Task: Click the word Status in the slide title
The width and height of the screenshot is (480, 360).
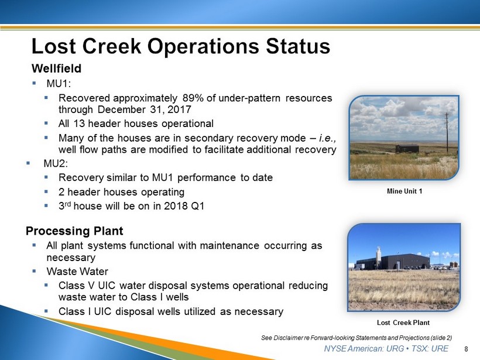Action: (x=298, y=46)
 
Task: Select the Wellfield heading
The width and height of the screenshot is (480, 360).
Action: (x=57, y=68)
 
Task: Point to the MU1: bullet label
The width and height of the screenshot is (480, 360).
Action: (x=59, y=83)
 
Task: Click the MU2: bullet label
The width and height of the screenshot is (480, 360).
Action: (x=56, y=163)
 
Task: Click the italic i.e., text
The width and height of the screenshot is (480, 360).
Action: (x=328, y=138)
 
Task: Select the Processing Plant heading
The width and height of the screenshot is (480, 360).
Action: (x=74, y=231)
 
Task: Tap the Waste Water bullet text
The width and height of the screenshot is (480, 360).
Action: (x=77, y=271)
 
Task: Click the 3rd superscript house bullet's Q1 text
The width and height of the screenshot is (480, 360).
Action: (x=197, y=205)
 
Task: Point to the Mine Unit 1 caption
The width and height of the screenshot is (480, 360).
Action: (x=404, y=191)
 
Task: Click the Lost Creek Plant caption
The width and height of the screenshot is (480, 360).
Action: (x=403, y=323)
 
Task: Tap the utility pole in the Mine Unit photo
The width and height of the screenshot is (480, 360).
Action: (x=447, y=132)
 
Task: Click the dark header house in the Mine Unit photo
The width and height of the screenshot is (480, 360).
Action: (x=407, y=149)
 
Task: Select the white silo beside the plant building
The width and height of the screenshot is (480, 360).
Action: (x=379, y=257)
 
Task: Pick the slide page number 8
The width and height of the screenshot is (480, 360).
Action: (x=466, y=349)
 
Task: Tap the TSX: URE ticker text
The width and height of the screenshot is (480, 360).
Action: (x=430, y=348)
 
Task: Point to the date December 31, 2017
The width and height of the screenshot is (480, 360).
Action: (x=145, y=109)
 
